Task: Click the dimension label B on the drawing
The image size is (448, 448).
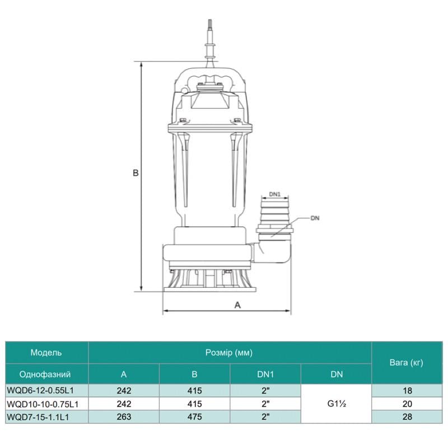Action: click(136, 174)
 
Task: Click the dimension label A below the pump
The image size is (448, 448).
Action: click(237, 305)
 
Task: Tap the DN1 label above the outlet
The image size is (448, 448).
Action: click(274, 194)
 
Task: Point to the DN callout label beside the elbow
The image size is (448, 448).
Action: click(315, 217)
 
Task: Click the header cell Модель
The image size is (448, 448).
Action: click(46, 352)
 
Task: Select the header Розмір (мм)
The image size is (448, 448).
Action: click(230, 352)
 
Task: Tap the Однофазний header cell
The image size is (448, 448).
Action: click(46, 374)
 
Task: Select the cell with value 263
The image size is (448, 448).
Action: click(124, 416)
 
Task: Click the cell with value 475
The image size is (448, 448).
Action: click(194, 416)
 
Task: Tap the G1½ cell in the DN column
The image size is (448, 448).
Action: click(336, 403)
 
